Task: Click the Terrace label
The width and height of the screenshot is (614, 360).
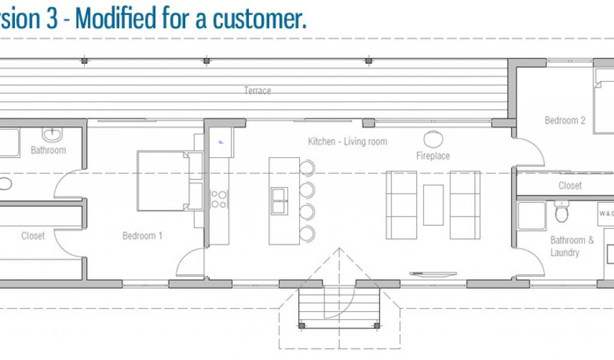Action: [257, 91]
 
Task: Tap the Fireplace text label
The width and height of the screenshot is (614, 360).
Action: [433, 156]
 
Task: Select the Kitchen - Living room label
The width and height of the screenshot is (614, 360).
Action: [347, 142]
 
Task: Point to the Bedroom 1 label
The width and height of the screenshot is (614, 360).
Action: [142, 236]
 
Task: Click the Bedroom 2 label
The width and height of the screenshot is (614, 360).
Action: [565, 120]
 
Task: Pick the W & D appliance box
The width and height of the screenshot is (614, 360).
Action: [605, 214]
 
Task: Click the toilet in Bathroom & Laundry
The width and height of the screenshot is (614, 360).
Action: [561, 212]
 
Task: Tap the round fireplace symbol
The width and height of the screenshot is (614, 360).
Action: [433, 139]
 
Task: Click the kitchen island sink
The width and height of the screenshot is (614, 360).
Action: [279, 201]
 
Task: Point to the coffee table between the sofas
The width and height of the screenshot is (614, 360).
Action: [434, 205]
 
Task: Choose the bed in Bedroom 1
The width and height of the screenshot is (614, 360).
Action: [165, 181]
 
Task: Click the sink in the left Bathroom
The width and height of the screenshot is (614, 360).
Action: [52, 134]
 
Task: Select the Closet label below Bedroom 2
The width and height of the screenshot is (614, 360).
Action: [570, 185]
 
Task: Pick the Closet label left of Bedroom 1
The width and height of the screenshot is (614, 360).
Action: [33, 236]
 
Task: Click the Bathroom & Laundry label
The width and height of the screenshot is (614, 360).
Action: [571, 247]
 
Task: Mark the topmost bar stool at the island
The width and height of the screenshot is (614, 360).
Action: [306, 168]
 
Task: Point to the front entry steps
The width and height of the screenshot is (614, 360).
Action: [339, 306]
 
